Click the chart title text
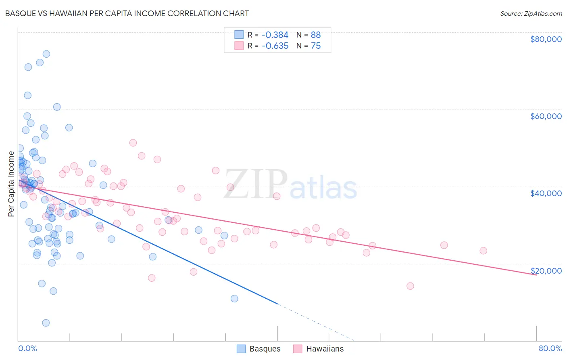click(127, 13)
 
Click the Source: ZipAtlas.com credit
click(531, 13)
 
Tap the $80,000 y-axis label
click(546, 39)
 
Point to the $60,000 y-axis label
click(546, 116)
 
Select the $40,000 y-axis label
click(546, 193)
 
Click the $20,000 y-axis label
click(546, 271)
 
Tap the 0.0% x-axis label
click(27, 348)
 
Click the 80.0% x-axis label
click(550, 348)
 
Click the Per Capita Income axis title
click(11, 184)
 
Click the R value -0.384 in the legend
click(275, 35)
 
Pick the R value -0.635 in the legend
click(275, 46)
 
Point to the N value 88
click(316, 35)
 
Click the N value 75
click(316, 46)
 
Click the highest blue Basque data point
click(46, 54)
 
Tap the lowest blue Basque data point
click(46, 323)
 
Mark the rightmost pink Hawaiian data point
click(484, 251)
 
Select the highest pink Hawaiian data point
click(133, 143)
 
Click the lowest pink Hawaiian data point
click(411, 286)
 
